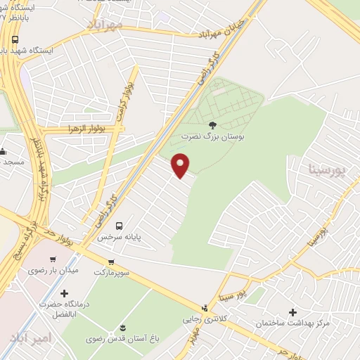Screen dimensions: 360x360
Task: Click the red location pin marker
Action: pos(181,166)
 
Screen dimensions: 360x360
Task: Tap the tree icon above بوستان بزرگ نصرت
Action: pos(213,124)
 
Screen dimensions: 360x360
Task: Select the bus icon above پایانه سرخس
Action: pos(119,226)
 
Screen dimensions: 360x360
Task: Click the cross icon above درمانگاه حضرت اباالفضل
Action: pos(65,292)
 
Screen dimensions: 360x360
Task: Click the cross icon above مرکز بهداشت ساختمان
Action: pos(293,311)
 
